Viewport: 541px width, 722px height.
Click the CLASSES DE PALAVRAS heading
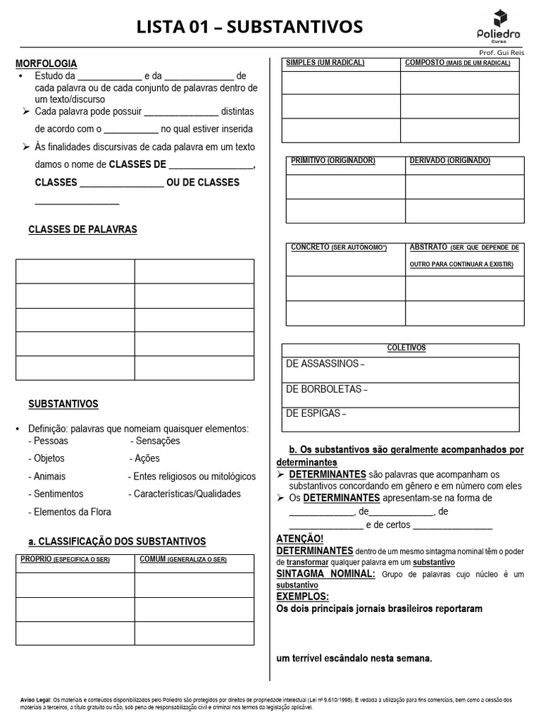coord(82,230)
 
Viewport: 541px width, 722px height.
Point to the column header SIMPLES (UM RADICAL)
coord(325,63)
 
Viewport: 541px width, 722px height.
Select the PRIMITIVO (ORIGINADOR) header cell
coord(333,161)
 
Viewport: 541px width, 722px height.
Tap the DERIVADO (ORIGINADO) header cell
coord(450,161)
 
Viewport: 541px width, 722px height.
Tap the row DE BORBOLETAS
coord(327,389)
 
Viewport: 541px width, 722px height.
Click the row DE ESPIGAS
coord(316,414)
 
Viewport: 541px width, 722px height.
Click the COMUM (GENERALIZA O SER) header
coord(183,559)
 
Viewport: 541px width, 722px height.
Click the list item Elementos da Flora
coord(70,512)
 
